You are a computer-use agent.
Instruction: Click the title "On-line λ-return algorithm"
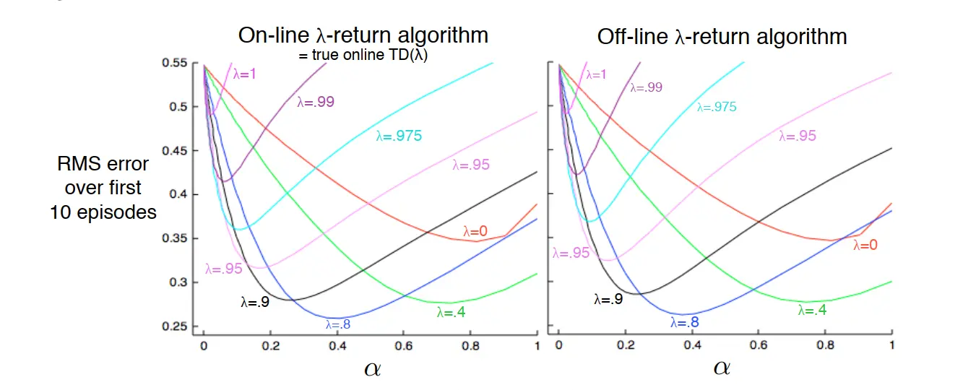(x=363, y=35)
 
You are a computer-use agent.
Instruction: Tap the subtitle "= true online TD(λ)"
(x=365, y=56)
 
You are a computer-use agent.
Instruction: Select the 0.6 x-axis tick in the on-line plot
(x=404, y=346)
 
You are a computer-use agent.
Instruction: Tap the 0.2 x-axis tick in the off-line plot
(x=626, y=346)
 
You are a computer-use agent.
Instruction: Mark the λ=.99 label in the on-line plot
(x=315, y=102)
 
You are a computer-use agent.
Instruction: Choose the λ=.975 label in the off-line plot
(x=717, y=107)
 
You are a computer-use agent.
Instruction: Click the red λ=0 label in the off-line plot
(x=865, y=245)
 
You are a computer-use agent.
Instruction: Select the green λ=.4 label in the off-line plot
(x=812, y=311)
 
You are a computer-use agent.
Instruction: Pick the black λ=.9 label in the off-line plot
(x=608, y=298)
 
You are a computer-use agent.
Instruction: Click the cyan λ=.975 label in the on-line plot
(x=399, y=135)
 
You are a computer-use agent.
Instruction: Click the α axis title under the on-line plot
(x=372, y=368)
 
